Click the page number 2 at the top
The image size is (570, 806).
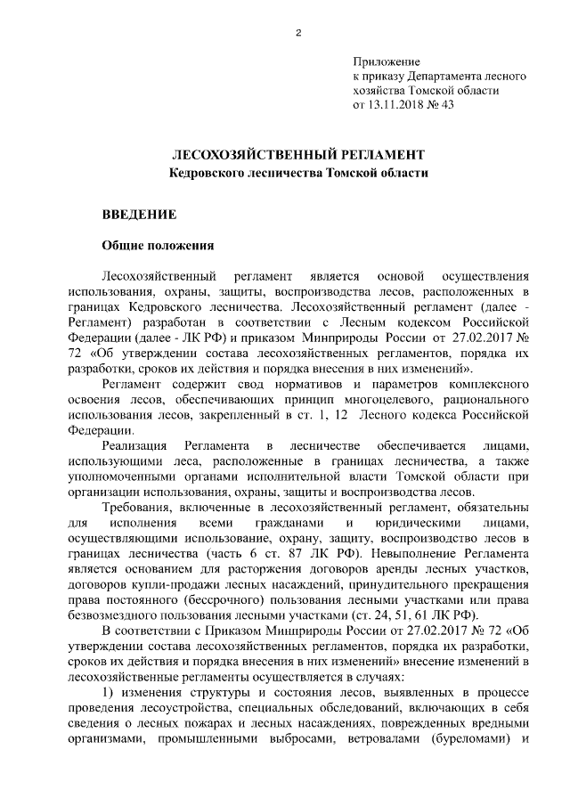[297, 35]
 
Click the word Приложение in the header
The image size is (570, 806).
[386, 61]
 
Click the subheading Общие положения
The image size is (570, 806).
[156, 247]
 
